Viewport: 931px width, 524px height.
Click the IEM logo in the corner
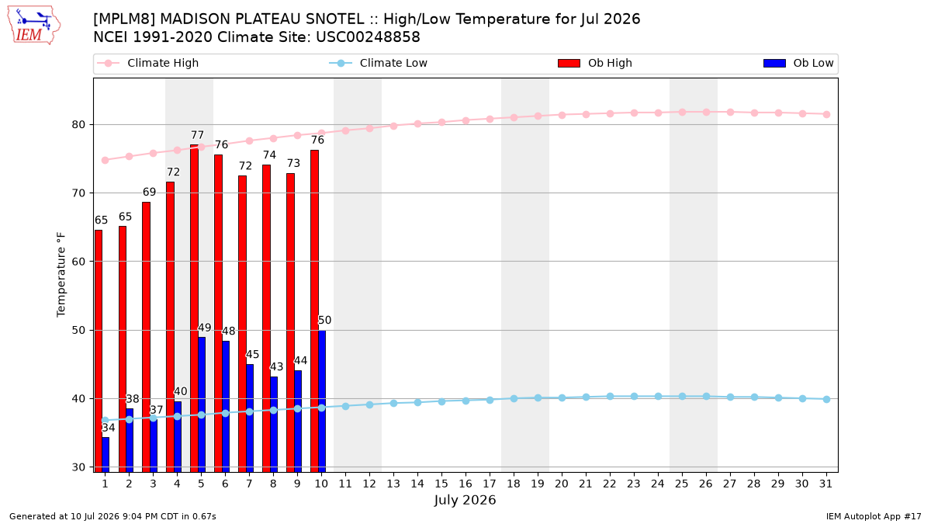(x=34, y=26)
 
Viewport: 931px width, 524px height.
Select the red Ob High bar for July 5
(x=194, y=308)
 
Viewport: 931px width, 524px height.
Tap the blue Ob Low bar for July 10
(x=322, y=401)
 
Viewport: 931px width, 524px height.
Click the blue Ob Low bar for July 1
(x=106, y=455)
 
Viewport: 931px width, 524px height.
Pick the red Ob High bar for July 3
(x=147, y=337)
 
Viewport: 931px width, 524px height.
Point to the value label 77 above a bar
(x=197, y=135)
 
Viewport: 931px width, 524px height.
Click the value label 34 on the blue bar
(x=109, y=428)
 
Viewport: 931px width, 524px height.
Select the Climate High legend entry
(x=147, y=63)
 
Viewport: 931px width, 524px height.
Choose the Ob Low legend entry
(x=798, y=63)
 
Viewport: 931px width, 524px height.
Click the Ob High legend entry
(x=595, y=63)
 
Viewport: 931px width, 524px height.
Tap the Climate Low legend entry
(x=379, y=63)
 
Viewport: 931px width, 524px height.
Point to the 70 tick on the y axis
(x=78, y=193)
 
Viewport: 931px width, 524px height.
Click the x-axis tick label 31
(x=825, y=484)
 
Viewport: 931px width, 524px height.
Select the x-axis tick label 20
(x=562, y=484)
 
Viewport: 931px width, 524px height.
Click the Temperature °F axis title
(x=61, y=275)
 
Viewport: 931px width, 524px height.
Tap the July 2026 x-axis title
(x=465, y=500)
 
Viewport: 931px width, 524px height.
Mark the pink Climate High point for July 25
(x=682, y=113)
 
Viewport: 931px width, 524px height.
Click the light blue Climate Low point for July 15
(x=441, y=402)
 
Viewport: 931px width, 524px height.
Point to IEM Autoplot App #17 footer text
(x=874, y=516)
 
